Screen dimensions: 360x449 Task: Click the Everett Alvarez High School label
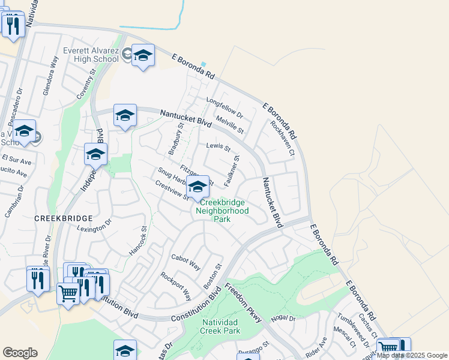pos(90,55)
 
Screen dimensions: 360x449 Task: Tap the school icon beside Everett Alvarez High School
pos(143,56)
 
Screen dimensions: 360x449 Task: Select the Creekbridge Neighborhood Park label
pos(223,211)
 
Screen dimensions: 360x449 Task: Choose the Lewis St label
pos(218,146)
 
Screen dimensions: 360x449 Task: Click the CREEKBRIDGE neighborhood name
pos(63,218)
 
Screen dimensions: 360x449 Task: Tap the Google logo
pos(20,353)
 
